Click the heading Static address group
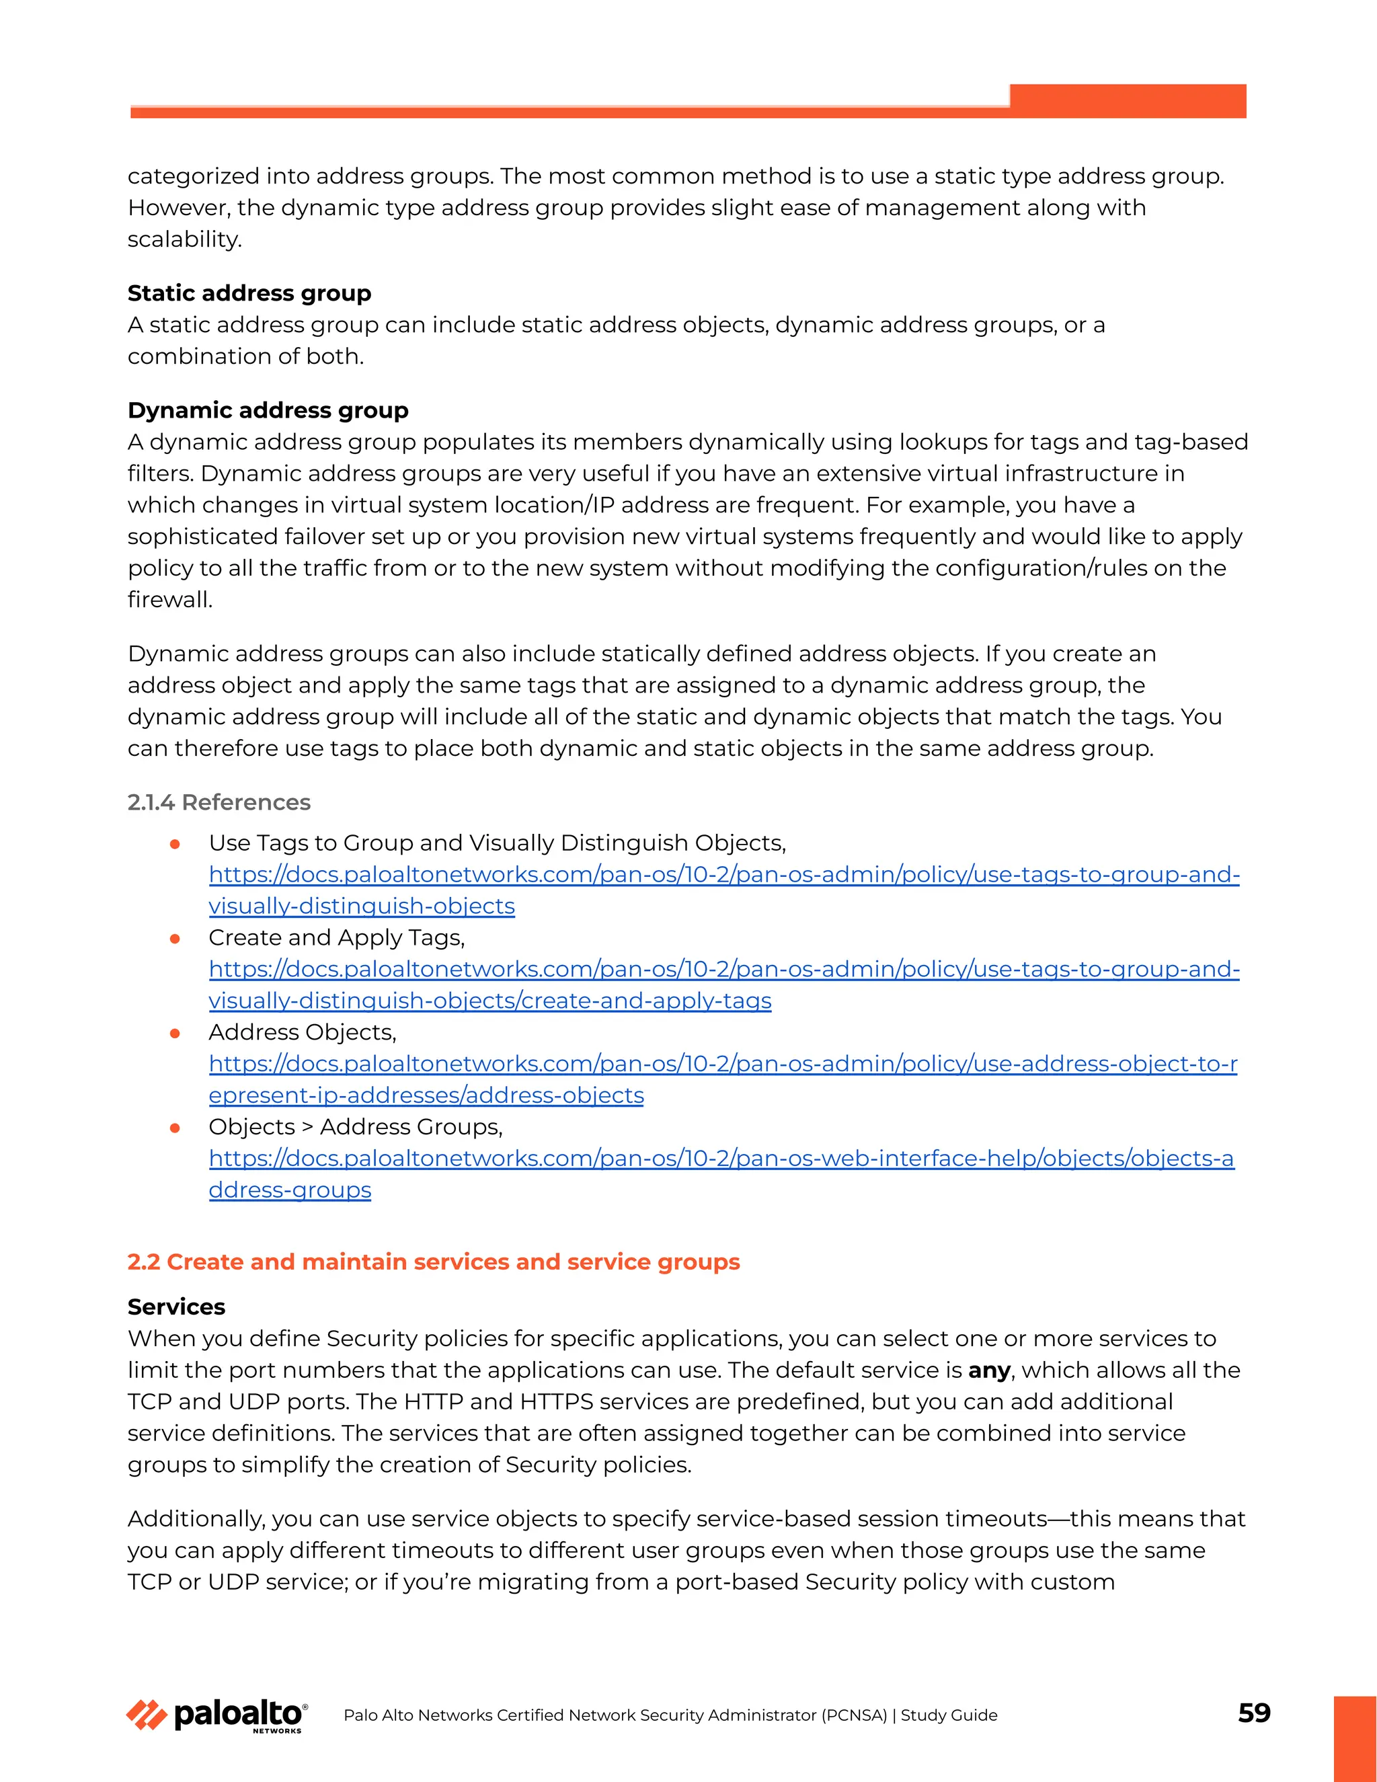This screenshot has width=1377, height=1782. pos(249,293)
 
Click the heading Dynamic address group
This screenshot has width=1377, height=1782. pos(268,410)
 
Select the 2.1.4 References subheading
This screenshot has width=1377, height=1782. pos(219,802)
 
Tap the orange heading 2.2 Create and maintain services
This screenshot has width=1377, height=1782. pos(433,1262)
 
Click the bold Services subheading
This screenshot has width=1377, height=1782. pos(176,1307)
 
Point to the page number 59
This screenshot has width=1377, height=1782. pos(1254,1713)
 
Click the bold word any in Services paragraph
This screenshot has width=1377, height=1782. pos(988,1370)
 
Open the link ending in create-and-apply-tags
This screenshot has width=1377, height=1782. pos(489,1001)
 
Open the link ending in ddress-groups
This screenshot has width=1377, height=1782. pos(290,1190)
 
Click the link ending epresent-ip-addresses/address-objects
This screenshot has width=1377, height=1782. pos(426,1095)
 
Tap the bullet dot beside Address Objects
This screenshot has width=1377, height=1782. pos(175,1033)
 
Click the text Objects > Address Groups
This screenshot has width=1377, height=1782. pos(355,1127)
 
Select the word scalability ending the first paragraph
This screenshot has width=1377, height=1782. pos(184,239)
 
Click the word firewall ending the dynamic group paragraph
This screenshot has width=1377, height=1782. pos(169,600)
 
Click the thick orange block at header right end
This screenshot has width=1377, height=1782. pos(1128,100)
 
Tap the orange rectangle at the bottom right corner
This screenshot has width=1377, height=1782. pos(1354,1738)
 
